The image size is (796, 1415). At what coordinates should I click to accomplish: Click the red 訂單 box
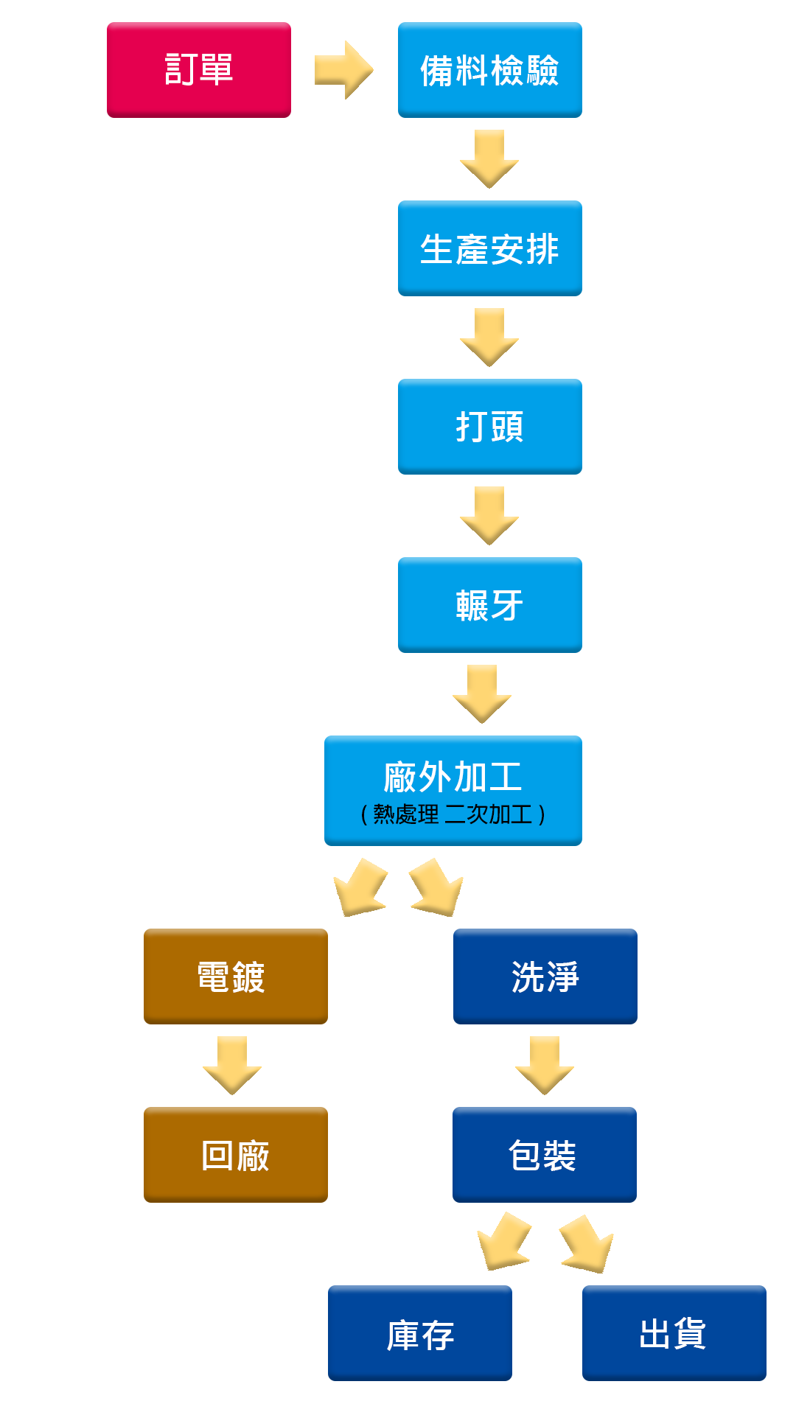point(199,70)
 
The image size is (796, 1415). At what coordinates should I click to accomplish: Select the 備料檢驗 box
point(489,70)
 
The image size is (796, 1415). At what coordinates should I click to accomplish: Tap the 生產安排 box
point(489,248)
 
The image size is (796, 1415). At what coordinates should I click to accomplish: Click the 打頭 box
point(489,427)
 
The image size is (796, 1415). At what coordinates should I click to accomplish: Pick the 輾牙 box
point(489,605)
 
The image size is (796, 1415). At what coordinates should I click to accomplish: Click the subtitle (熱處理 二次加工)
point(453,814)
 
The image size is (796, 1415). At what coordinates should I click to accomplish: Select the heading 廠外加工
point(453,777)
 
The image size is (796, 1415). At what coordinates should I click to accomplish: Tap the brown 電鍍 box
point(235,976)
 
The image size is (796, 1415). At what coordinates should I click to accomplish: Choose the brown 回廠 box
point(235,1155)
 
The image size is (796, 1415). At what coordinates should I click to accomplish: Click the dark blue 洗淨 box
point(545,976)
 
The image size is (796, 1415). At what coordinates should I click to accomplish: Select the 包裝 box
point(544,1155)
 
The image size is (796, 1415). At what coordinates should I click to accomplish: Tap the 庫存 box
point(419,1333)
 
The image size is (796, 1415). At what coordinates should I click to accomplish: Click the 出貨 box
point(674,1333)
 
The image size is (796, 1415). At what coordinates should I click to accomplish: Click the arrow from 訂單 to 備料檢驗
point(343,70)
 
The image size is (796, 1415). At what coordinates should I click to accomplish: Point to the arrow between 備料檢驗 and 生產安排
point(489,158)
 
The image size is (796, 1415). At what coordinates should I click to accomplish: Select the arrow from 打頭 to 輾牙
point(489,515)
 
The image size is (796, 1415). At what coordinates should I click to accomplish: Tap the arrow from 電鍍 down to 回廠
point(232,1065)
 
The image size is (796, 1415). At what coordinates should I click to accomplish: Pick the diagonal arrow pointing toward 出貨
point(587,1244)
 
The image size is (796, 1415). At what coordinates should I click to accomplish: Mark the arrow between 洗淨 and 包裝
point(545,1065)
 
